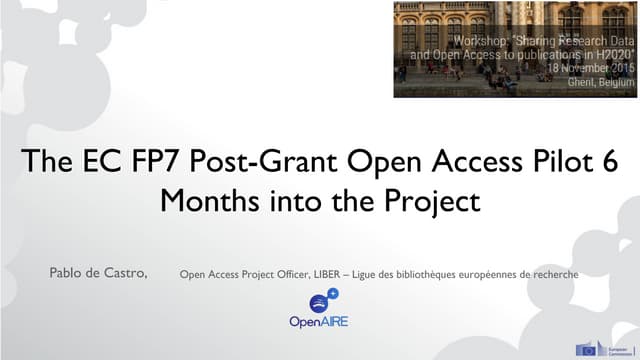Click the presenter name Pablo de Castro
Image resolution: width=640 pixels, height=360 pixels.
click(99, 271)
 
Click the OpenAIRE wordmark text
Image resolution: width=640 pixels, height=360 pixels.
click(318, 323)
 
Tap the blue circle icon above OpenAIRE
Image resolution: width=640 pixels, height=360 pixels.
click(319, 302)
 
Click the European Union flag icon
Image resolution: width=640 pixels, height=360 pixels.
click(588, 349)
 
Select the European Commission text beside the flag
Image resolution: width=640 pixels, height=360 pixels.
click(616, 349)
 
